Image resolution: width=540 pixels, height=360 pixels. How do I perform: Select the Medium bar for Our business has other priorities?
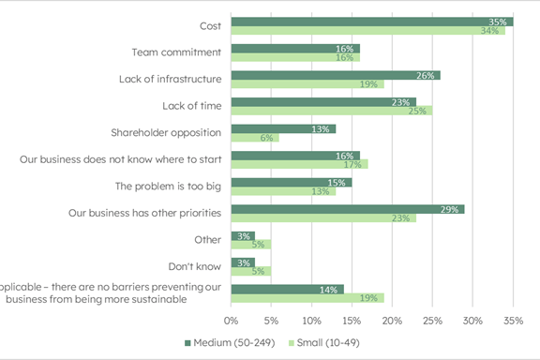click(x=347, y=209)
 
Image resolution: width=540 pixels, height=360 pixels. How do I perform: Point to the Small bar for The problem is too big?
click(x=282, y=191)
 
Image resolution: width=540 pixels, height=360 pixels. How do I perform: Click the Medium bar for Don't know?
click(x=242, y=262)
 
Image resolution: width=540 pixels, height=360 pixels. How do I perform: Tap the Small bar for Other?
click(x=250, y=245)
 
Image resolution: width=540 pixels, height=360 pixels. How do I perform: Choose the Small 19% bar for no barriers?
click(x=307, y=298)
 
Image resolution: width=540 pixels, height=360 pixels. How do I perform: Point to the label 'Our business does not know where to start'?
click(x=120, y=159)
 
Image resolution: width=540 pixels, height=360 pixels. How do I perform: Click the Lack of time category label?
click(x=191, y=106)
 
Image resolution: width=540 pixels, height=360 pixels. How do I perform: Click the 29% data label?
click(x=451, y=209)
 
